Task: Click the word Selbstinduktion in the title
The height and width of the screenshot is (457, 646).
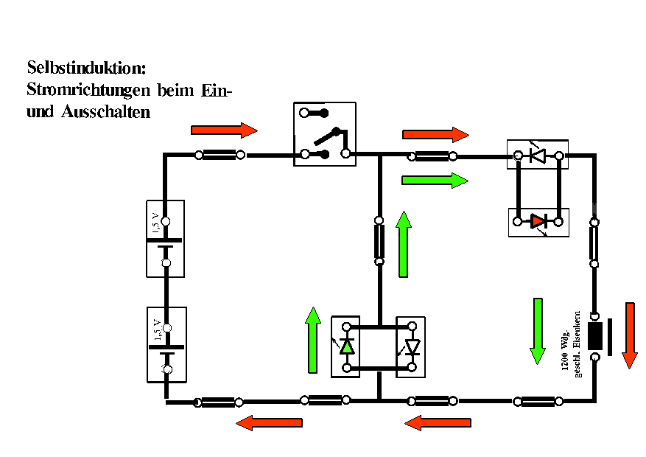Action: tap(87, 68)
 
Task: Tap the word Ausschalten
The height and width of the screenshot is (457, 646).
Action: tap(106, 113)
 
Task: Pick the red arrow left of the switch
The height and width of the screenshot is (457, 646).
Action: tap(224, 130)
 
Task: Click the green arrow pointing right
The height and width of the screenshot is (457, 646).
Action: tap(435, 180)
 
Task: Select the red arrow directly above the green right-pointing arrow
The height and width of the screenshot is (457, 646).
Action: tap(435, 134)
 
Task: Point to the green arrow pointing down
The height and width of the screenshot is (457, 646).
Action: tap(538, 330)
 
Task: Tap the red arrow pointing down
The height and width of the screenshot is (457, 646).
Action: tap(629, 335)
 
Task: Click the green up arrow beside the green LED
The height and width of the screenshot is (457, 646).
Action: tap(314, 340)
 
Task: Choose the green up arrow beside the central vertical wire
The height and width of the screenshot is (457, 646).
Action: tap(403, 244)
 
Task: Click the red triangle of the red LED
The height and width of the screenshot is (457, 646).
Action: tap(539, 220)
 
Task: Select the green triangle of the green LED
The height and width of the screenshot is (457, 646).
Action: tap(346, 345)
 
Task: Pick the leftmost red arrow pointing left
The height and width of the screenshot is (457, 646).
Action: tap(269, 423)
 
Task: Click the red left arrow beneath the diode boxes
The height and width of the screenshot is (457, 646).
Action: tap(438, 423)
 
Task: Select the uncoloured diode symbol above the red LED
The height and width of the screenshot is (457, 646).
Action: tap(538, 156)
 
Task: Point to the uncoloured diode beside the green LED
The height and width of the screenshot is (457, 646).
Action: tap(412, 346)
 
